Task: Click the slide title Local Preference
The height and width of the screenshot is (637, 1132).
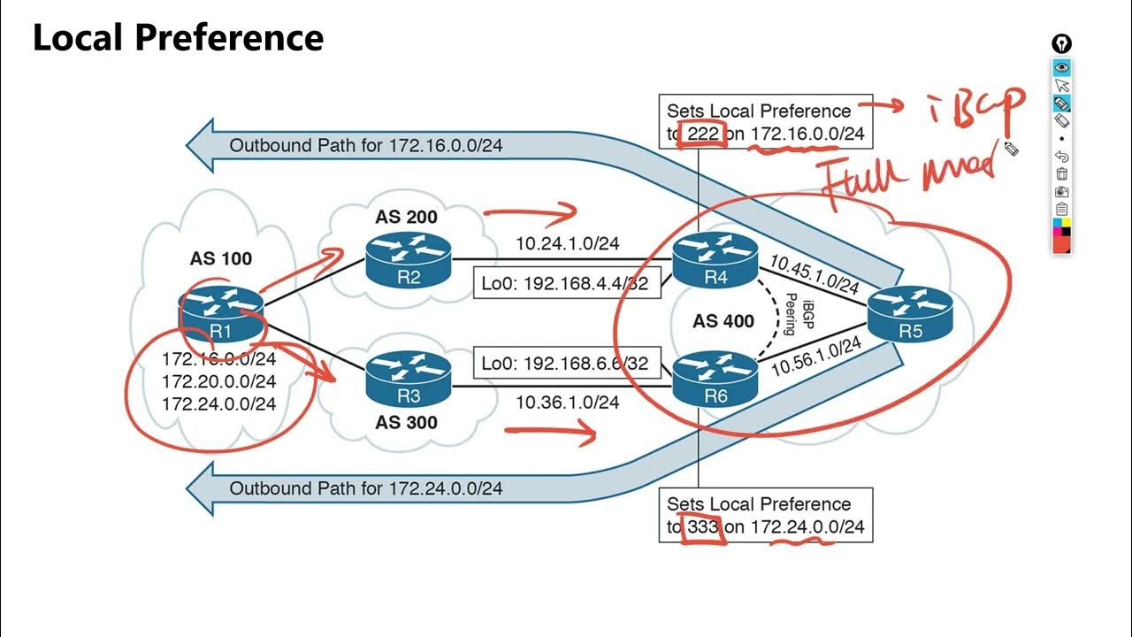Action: (x=178, y=38)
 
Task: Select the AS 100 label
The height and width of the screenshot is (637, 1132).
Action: (x=221, y=258)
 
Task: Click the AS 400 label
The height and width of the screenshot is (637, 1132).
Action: (x=723, y=320)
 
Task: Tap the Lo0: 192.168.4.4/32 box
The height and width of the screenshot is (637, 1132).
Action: (x=567, y=285)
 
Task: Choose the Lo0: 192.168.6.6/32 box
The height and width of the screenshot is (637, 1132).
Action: (x=567, y=363)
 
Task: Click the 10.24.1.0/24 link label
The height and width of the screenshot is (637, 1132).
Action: (x=567, y=242)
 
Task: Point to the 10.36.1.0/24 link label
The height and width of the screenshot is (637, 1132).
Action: (x=567, y=402)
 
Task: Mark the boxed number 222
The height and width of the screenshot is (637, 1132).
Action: (x=702, y=134)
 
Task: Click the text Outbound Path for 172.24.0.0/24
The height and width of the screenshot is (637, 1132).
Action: (x=366, y=487)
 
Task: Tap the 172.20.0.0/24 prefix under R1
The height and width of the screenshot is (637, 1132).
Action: (x=218, y=381)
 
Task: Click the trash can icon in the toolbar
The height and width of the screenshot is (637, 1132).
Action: (x=1062, y=174)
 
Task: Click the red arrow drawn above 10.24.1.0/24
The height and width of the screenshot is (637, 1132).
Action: (x=531, y=212)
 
